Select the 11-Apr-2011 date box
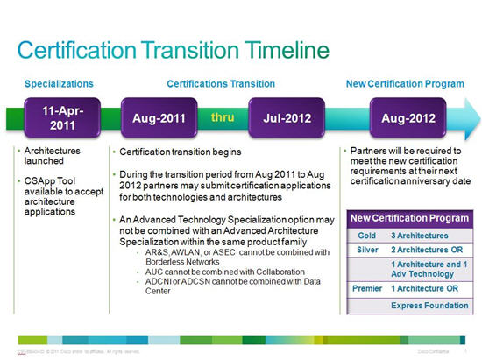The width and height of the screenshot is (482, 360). click(x=58, y=116)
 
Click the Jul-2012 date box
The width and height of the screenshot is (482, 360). click(x=280, y=117)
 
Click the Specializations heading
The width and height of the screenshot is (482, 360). click(x=59, y=83)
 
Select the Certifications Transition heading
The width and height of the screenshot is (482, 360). click(x=221, y=83)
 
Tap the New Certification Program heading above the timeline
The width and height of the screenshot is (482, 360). click(x=403, y=83)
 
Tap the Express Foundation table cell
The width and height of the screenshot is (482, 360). click(x=428, y=306)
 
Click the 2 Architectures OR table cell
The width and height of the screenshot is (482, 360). click(x=427, y=251)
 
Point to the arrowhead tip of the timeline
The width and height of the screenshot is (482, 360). click(x=478, y=117)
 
